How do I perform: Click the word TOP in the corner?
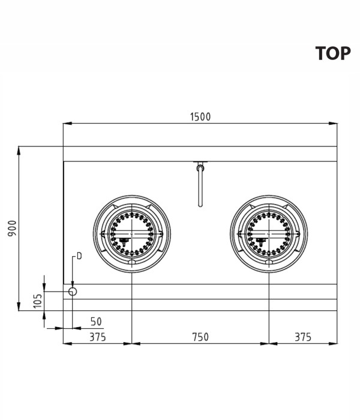pyautogui.click(x=333, y=53)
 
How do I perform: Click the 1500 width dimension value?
pyautogui.click(x=200, y=117)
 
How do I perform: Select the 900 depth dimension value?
pyautogui.click(x=13, y=229)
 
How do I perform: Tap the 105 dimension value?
pyautogui.click(x=38, y=301)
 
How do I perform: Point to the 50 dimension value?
pyautogui.click(x=96, y=322)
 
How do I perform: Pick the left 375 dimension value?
pyautogui.click(x=97, y=337)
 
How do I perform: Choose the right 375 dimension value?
pyautogui.click(x=303, y=337)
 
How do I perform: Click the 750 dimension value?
pyautogui.click(x=200, y=337)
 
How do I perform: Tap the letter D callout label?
pyautogui.click(x=79, y=256)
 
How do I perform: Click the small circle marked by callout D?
pyautogui.click(x=73, y=292)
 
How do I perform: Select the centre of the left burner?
pyautogui.click(x=132, y=234)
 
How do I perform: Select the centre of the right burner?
pyautogui.click(x=269, y=234)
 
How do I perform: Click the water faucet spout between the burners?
pyautogui.click(x=200, y=187)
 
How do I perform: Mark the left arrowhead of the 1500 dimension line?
pyautogui.click(x=67, y=124)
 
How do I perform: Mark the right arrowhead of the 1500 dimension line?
pyautogui.click(x=333, y=124)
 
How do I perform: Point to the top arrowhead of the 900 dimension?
pyautogui.click(x=19, y=151)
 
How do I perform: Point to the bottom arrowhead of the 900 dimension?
pyautogui.click(x=19, y=307)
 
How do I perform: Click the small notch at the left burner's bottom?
pyautogui.click(x=132, y=262)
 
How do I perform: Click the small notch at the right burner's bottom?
pyautogui.click(x=269, y=262)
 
